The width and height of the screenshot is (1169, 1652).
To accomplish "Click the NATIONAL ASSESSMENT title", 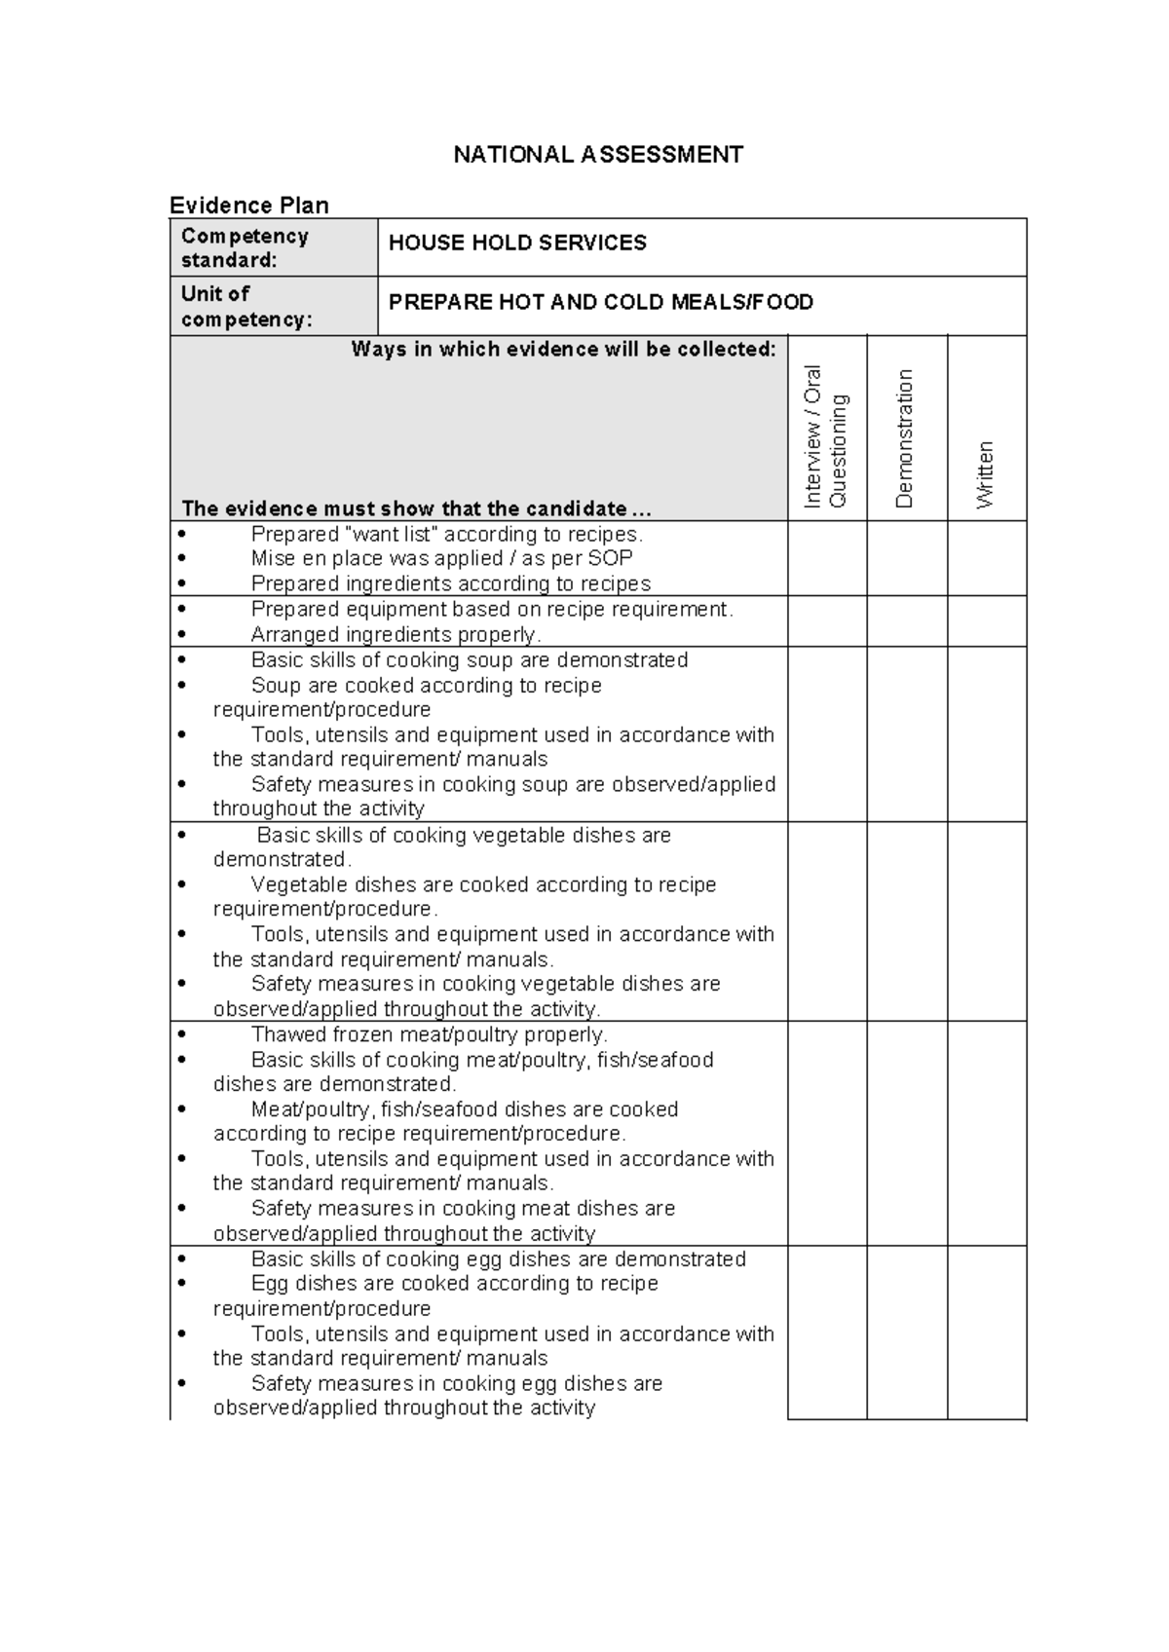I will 598,155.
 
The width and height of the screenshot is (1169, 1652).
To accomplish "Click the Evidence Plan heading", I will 249,205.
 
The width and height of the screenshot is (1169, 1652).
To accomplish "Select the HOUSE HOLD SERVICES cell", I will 517,244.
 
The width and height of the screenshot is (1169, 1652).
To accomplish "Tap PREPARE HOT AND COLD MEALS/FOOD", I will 600,302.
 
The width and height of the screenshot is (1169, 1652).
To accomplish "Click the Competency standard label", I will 245,247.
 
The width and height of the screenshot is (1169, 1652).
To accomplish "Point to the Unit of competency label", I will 246,306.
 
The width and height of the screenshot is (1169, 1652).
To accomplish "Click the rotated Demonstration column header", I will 904,438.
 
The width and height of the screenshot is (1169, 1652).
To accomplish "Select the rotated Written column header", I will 985,474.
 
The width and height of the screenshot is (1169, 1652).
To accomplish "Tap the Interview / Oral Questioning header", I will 825,435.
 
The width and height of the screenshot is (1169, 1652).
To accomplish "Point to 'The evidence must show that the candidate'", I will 416,508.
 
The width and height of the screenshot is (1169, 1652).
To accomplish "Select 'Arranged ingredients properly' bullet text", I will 395,634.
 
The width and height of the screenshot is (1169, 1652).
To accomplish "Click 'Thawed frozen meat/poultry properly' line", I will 429,1034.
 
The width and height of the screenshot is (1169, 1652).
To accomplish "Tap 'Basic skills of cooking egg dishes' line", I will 498,1258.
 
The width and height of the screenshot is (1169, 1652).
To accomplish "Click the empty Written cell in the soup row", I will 986,733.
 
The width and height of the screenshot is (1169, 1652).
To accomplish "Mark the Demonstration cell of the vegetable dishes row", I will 906,921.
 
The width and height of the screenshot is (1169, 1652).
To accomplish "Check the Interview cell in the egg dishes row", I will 826,1332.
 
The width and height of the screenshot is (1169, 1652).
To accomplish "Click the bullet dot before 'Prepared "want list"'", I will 182,534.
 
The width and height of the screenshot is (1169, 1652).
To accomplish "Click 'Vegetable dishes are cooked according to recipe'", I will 483,884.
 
